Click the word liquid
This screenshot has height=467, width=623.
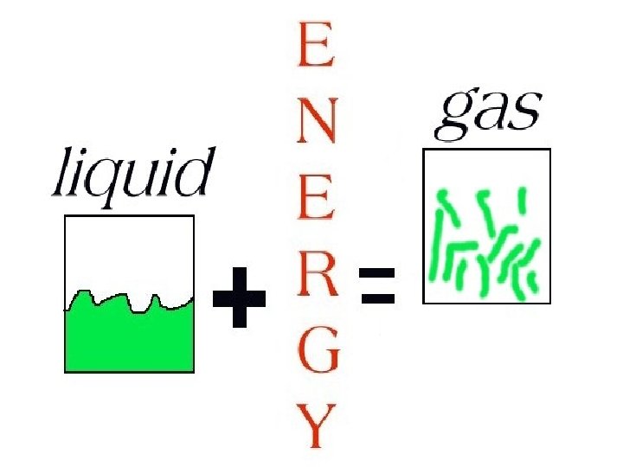click(x=132, y=177)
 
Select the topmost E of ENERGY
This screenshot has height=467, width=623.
click(x=316, y=47)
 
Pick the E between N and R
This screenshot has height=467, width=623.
click(x=316, y=204)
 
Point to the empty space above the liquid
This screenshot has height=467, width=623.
click(x=129, y=251)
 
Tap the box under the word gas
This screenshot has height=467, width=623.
click(x=486, y=227)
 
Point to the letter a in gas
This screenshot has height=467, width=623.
click(x=489, y=112)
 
